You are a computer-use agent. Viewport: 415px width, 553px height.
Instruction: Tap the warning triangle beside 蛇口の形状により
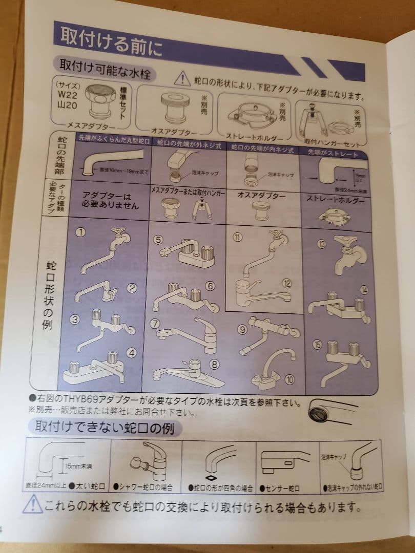pos(182,78)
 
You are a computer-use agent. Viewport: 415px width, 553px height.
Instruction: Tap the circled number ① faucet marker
pos(81,231)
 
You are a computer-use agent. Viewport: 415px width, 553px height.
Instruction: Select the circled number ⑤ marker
pos(159,239)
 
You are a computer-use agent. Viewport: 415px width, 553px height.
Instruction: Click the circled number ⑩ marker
pos(291,379)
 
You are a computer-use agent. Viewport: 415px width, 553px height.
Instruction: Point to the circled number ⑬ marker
pos(321,244)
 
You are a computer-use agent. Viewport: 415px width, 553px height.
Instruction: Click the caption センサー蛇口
pos(281,489)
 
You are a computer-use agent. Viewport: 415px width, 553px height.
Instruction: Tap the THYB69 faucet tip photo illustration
pos(327,410)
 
